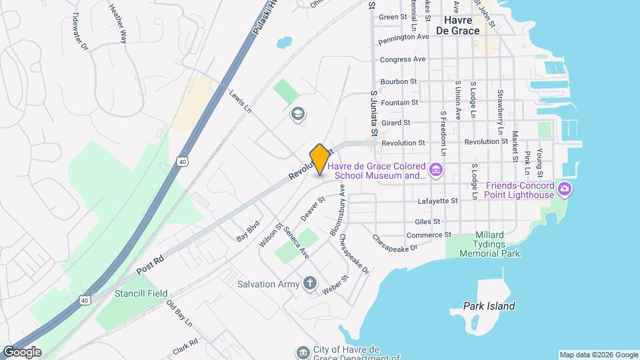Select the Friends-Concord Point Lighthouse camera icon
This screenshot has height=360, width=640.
(565, 189)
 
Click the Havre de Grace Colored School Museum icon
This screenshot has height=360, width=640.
(436, 171)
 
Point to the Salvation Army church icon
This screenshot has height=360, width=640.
(309, 284)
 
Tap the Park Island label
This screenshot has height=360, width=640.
(489, 306)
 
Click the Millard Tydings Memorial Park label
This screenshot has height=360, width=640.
(489, 244)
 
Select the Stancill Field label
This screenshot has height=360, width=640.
(139, 293)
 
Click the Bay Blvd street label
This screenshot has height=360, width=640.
(247, 232)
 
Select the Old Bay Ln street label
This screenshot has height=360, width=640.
(179, 314)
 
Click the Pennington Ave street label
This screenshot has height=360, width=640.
(403, 37)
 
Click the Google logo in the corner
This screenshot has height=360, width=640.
(21, 351)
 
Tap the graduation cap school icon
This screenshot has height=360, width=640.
(297, 115)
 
